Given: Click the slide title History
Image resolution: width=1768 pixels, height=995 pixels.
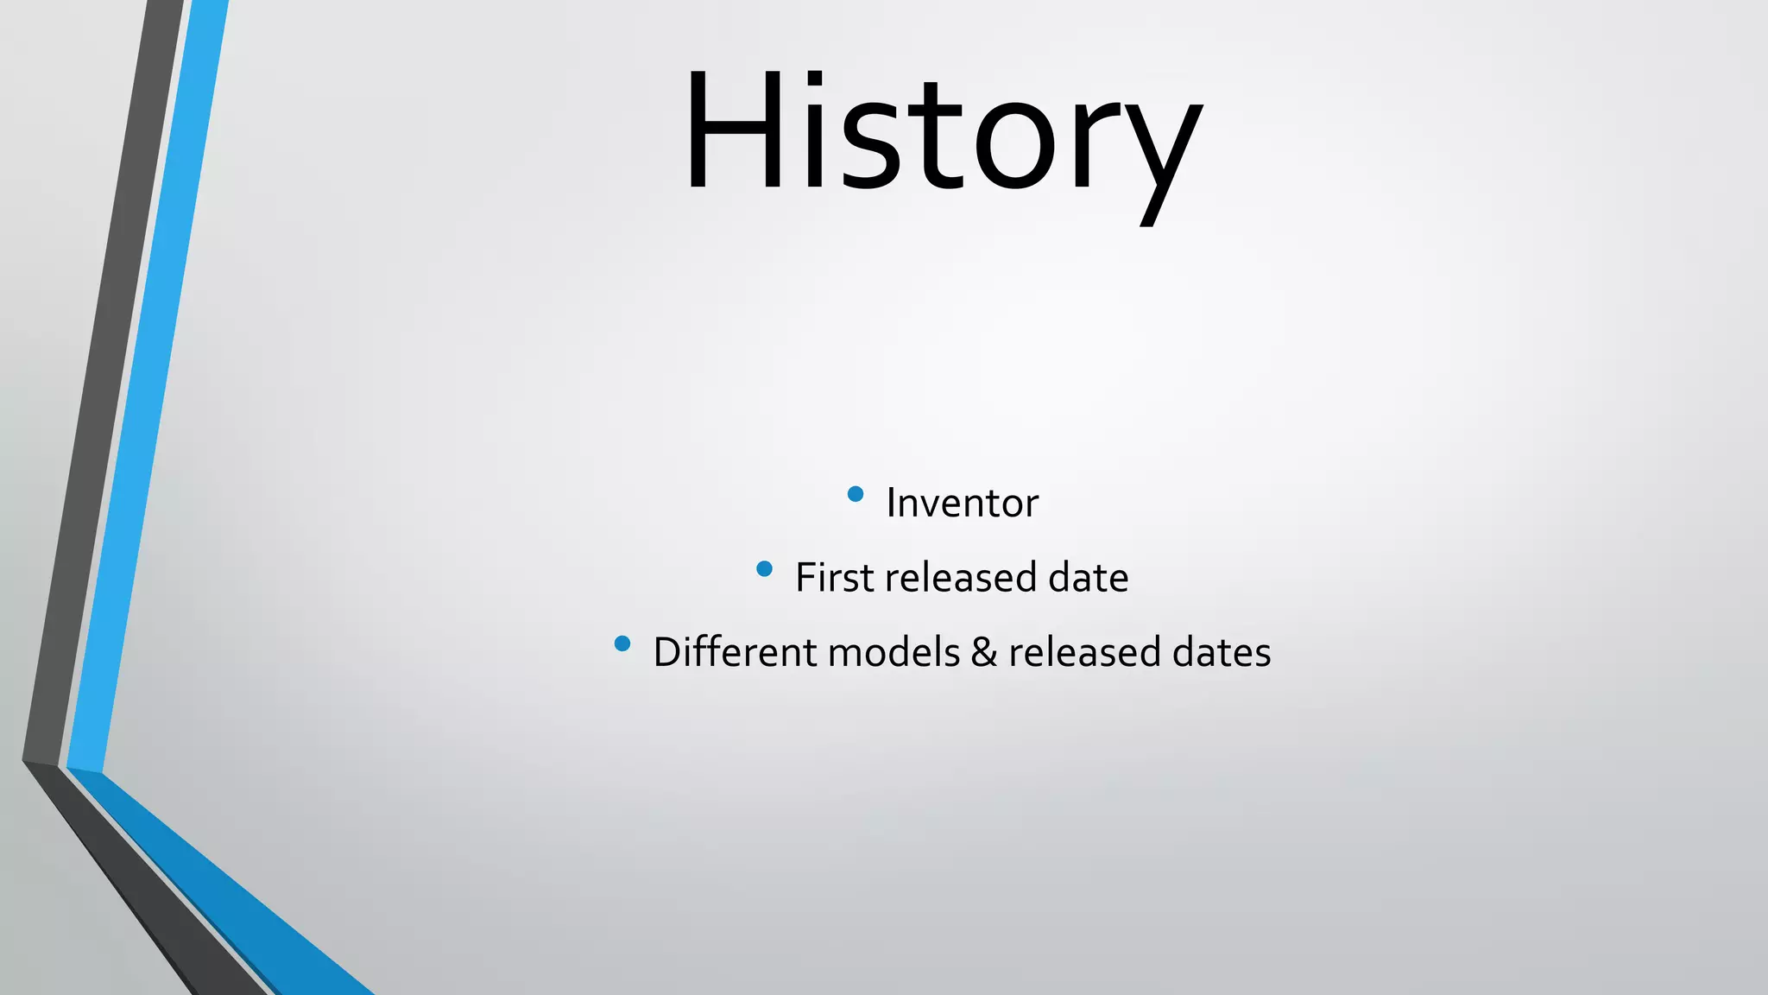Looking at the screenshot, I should point(943,134).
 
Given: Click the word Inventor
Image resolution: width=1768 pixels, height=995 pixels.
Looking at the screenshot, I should point(962,503).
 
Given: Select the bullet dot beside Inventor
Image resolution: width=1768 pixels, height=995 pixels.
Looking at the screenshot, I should point(856,494).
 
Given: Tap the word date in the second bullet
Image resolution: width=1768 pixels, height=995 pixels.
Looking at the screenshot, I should point(1088,577).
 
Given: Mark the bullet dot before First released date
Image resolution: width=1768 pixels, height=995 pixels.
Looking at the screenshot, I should point(764,568).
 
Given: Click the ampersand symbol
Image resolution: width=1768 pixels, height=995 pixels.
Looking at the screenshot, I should point(984,652).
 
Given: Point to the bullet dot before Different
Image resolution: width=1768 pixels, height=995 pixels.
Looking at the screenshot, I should point(622,643).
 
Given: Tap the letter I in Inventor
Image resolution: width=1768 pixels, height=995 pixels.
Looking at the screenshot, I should point(892,503).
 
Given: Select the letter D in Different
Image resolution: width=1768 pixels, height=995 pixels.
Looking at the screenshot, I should point(667,651).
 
